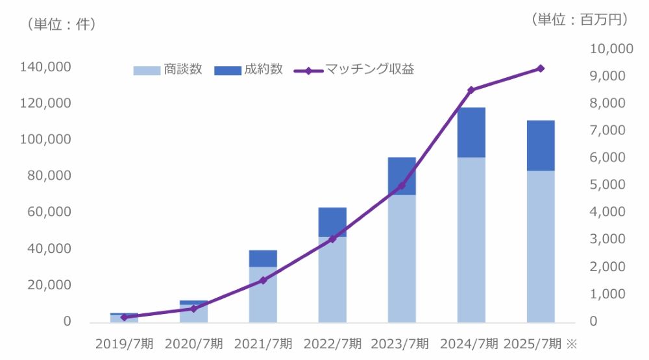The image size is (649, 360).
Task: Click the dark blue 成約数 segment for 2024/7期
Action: coord(471,132)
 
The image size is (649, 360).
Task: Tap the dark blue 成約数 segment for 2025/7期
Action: coord(541,145)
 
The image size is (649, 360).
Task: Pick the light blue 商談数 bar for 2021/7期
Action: coord(263,294)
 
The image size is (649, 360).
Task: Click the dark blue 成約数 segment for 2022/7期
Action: coord(332,222)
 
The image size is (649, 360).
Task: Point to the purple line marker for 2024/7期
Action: coord(471,90)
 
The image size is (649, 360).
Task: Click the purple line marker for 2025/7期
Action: coord(541,68)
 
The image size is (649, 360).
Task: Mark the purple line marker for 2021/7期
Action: coord(263,280)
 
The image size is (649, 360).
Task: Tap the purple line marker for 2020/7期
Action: coord(193,309)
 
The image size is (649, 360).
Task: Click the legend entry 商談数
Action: coord(168,69)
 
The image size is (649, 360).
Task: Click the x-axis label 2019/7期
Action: coord(124,343)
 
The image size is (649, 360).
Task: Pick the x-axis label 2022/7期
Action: coord(332,343)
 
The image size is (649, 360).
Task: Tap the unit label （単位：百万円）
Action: coord(580,20)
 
